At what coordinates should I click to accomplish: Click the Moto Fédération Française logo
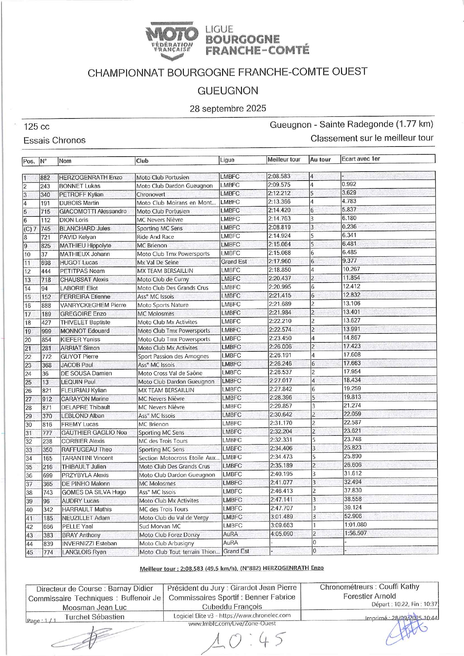(172, 40)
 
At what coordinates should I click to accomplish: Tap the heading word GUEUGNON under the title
(228, 91)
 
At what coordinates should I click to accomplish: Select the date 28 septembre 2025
(228, 108)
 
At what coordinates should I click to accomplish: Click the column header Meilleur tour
(284, 160)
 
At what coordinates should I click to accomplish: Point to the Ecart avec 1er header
(361, 159)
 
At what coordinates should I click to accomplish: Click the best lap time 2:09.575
(279, 185)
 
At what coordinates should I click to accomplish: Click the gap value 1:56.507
(355, 533)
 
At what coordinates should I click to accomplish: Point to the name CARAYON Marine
(84, 399)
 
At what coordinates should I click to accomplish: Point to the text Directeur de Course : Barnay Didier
(95, 588)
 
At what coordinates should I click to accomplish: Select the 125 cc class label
(37, 127)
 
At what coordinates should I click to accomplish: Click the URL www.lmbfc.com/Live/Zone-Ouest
(232, 623)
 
